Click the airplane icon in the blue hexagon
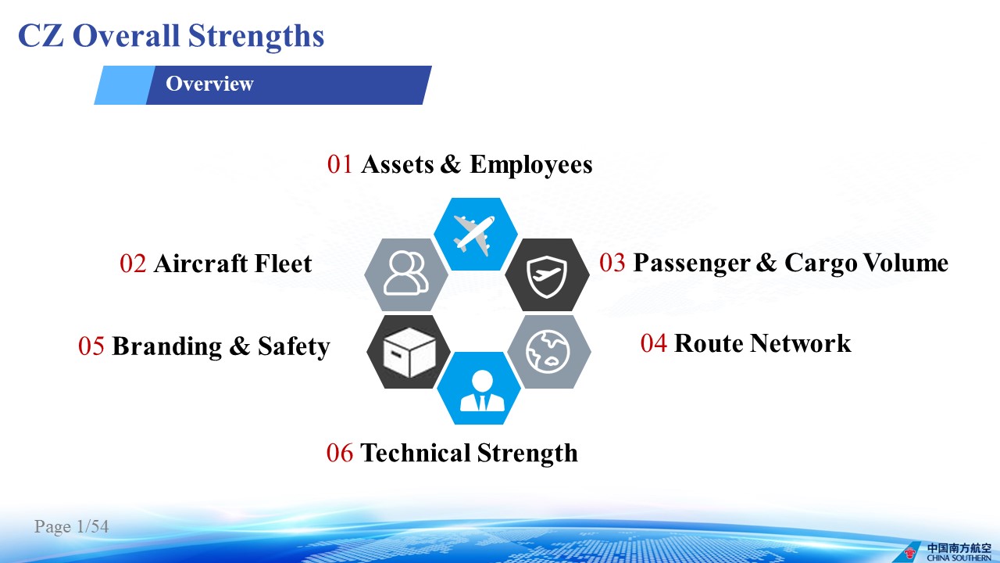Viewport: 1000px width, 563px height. point(474,234)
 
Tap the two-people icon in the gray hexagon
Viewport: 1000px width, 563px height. point(405,273)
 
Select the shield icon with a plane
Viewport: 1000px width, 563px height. point(547,277)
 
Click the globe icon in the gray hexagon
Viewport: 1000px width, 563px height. point(548,352)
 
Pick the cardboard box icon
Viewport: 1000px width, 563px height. point(409,352)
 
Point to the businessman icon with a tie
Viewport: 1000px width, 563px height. point(482,391)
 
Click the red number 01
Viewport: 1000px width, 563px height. point(340,164)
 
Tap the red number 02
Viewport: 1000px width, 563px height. point(133,264)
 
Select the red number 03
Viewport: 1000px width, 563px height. point(612,262)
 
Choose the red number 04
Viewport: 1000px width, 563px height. point(654,343)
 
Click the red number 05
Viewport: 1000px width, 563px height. point(91,346)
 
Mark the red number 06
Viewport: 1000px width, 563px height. point(340,453)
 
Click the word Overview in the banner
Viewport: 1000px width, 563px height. point(209,84)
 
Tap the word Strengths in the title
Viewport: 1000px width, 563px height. point(255,36)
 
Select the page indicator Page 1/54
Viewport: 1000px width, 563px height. point(71,526)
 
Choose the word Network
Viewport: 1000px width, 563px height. point(801,343)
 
